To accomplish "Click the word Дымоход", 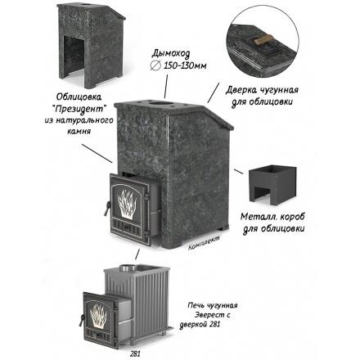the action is click(x=170, y=54).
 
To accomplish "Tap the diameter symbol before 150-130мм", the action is click(x=155, y=65).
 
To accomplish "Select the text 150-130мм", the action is click(x=185, y=65).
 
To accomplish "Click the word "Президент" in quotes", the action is click(x=79, y=109).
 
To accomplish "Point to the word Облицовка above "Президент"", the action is click(x=79, y=97).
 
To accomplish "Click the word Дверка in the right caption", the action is click(x=241, y=91).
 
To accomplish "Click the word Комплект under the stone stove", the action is click(x=204, y=243).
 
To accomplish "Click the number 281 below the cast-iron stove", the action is click(x=135, y=354).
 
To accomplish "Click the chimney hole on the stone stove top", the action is click(x=162, y=104).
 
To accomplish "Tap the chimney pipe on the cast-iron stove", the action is click(x=128, y=268).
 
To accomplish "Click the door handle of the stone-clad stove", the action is click(x=106, y=208).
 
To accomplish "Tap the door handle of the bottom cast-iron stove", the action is click(x=81, y=320).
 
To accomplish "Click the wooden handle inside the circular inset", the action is click(x=263, y=42).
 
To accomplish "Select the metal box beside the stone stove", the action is click(x=272, y=185).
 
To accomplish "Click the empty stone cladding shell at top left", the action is click(x=91, y=44).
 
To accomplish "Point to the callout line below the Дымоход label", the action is click(x=166, y=86).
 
